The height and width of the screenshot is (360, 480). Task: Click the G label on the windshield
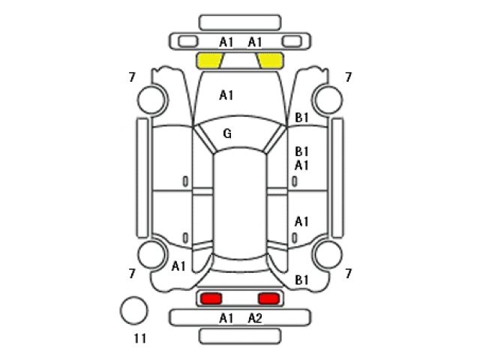click(x=227, y=133)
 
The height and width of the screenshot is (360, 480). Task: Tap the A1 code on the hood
click(x=226, y=95)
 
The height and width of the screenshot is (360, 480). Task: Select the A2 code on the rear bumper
click(x=255, y=319)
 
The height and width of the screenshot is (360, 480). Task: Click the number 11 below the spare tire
click(x=140, y=338)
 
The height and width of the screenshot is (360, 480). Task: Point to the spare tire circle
click(x=133, y=310)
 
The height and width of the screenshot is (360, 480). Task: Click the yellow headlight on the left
click(x=210, y=60)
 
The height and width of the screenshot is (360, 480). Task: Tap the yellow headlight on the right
click(x=270, y=60)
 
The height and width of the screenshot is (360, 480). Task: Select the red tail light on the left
click(x=211, y=298)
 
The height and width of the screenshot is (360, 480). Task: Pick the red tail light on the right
click(x=268, y=298)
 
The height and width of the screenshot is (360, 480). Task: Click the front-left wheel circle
click(x=152, y=100)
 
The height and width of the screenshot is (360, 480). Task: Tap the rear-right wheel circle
click(x=328, y=255)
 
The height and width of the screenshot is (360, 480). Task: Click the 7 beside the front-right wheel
click(x=348, y=77)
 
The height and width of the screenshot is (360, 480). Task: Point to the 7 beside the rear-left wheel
click(x=132, y=273)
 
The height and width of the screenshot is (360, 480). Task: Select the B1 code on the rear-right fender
click(x=301, y=280)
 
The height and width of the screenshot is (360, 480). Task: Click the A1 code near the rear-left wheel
click(x=178, y=266)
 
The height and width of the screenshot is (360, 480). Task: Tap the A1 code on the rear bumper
click(x=226, y=319)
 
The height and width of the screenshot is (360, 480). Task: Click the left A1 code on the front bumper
click(x=226, y=42)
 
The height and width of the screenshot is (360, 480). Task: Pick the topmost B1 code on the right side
click(x=301, y=118)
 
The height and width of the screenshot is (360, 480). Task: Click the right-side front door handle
click(x=295, y=181)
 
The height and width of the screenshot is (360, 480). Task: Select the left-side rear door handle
click(x=185, y=238)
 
